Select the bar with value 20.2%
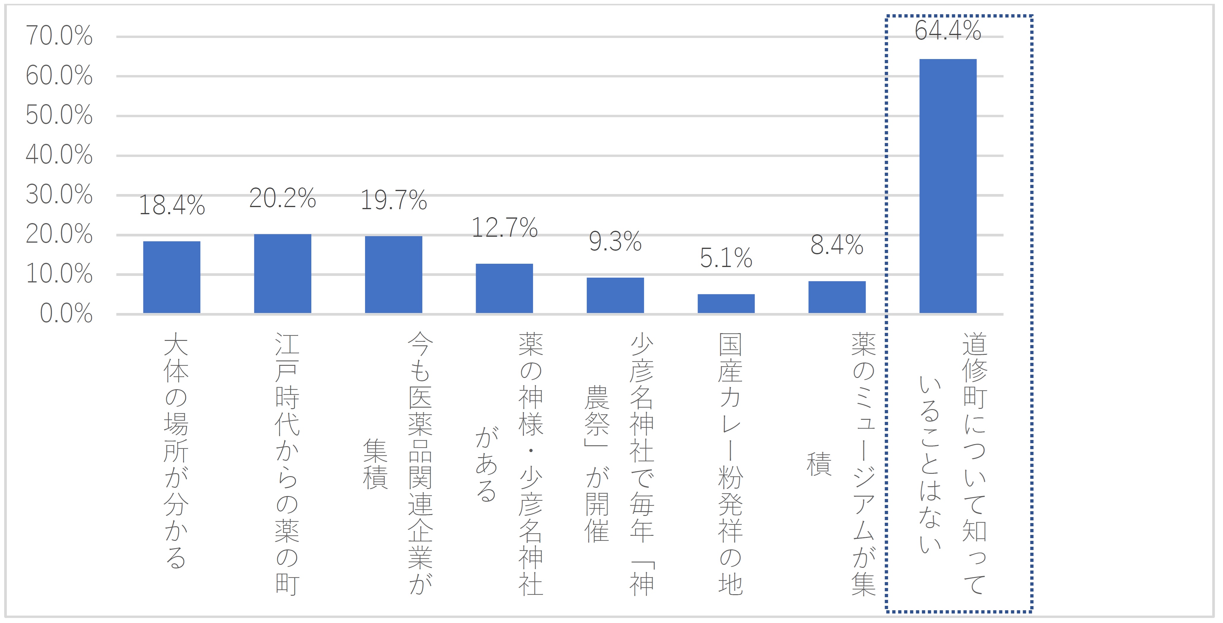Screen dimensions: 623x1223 click(x=283, y=274)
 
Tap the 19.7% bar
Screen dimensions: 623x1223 click(x=394, y=275)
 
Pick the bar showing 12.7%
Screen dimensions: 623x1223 click(x=504, y=288)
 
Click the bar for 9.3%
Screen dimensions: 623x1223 click(x=615, y=295)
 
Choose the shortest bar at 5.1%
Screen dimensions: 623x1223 click(x=726, y=304)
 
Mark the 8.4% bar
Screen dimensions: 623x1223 click(x=837, y=297)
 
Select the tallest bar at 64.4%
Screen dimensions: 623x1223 click(x=948, y=186)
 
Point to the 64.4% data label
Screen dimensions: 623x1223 click(x=948, y=30)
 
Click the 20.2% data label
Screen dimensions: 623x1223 click(x=283, y=198)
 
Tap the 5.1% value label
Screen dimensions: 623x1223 click(x=726, y=258)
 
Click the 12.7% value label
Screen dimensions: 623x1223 click(x=504, y=228)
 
